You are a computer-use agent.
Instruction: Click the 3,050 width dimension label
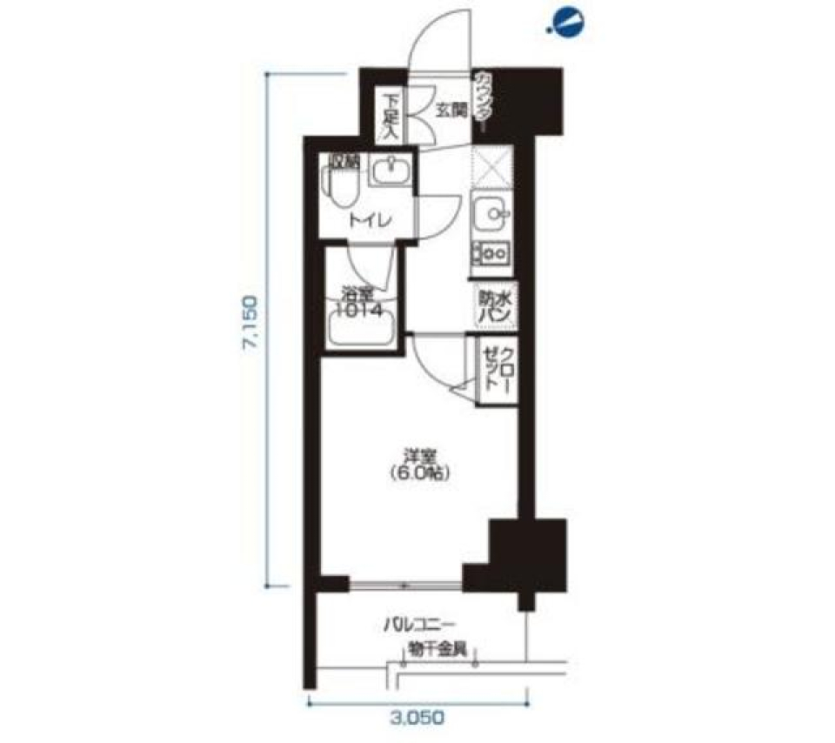point(420,718)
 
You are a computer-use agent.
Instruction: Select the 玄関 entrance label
point(451,110)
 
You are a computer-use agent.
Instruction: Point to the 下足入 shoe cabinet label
point(389,116)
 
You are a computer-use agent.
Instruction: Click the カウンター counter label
point(483,102)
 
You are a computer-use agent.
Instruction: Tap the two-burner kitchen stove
point(493,252)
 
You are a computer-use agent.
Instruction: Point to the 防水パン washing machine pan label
point(493,307)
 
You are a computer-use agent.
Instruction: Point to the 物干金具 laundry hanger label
point(444,648)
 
